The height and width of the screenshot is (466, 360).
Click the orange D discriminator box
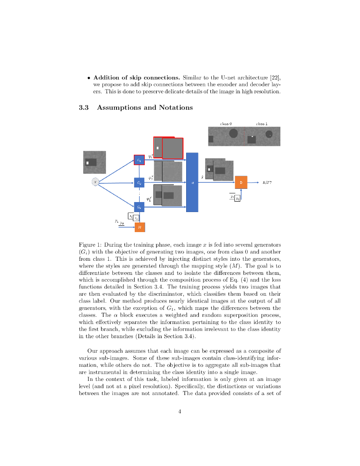(241, 182)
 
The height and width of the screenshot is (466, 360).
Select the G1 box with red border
(139, 160)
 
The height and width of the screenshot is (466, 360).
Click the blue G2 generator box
(139, 183)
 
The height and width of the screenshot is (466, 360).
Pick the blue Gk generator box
(139, 207)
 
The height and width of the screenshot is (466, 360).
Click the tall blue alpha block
(193, 182)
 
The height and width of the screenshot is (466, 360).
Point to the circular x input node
(96, 182)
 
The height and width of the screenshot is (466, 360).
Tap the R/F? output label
(267, 182)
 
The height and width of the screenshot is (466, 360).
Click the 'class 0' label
(226, 123)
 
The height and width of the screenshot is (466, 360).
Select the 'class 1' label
(262, 123)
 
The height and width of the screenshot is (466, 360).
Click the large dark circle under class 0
(233, 134)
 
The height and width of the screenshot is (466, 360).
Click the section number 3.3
(83, 108)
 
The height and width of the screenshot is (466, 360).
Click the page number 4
(180, 412)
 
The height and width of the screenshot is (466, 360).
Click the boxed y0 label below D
(237, 198)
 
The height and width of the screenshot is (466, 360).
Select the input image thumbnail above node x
(94, 162)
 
